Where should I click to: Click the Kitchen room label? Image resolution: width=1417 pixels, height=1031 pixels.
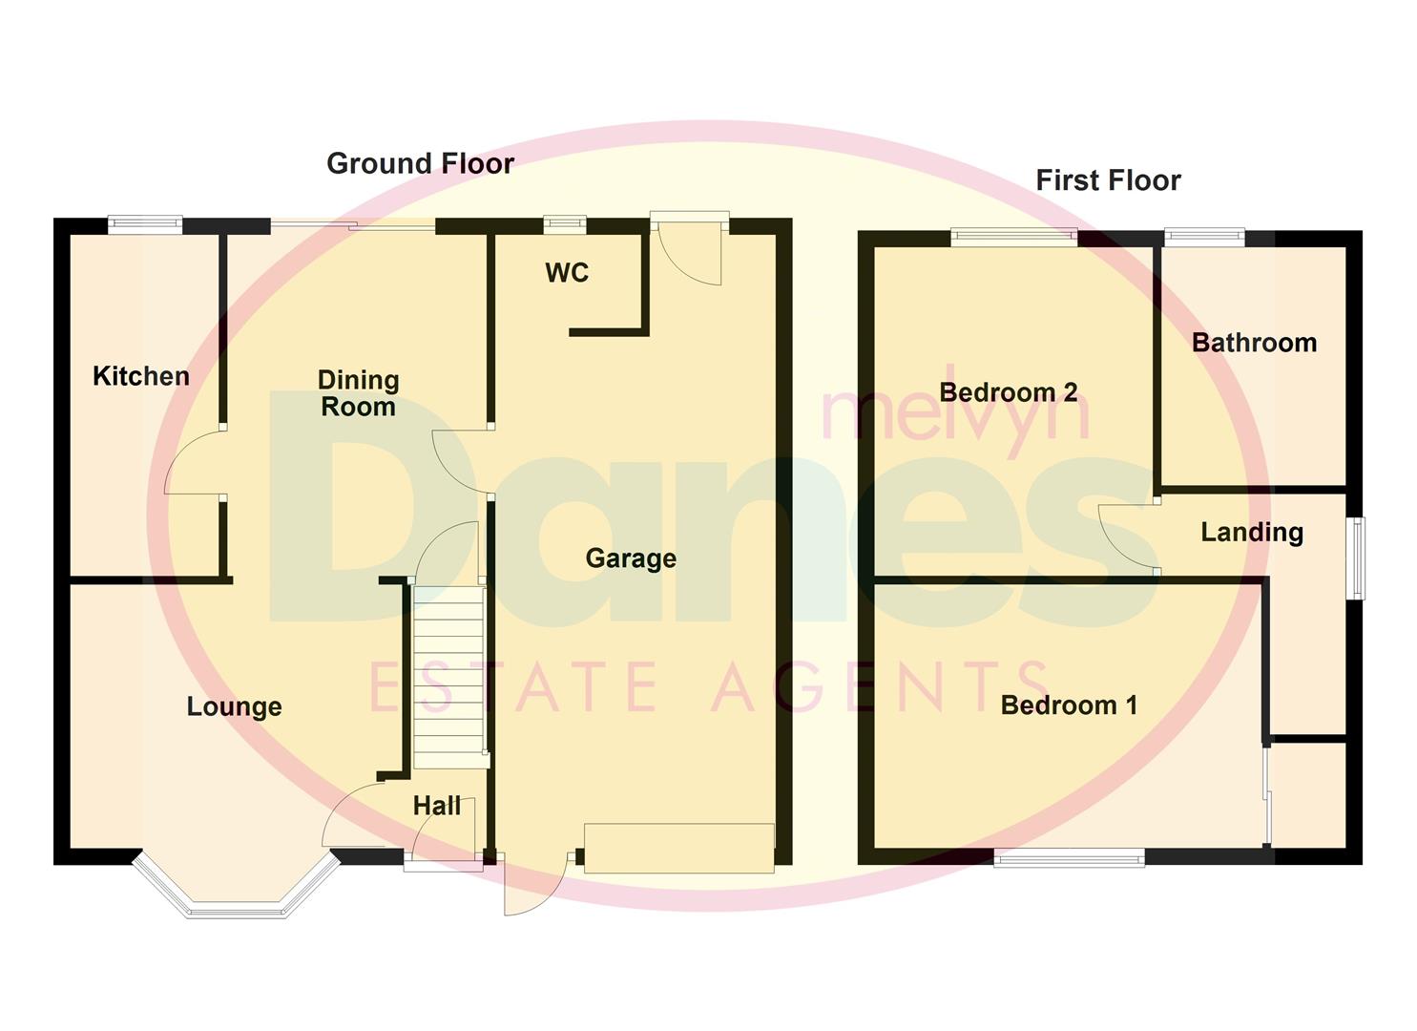pyautogui.click(x=141, y=376)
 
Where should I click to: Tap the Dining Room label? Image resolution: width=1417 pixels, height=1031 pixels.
pyautogui.click(x=358, y=393)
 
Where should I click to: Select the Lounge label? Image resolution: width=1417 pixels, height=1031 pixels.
pyautogui.click(x=234, y=706)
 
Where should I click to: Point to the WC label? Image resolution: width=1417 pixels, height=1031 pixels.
pyautogui.click(x=567, y=273)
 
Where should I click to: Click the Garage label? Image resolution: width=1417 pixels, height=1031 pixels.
pyautogui.click(x=631, y=558)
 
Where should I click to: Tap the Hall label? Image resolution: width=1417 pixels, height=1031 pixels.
pyautogui.click(x=437, y=806)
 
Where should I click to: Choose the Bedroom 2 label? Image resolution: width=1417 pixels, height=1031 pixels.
pyautogui.click(x=1009, y=391)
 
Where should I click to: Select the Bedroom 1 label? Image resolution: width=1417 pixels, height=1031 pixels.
pyautogui.click(x=1069, y=705)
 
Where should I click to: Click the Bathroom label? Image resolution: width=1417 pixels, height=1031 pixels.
pyautogui.click(x=1254, y=342)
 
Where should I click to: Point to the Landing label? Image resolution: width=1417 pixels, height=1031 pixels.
pyautogui.click(x=1252, y=532)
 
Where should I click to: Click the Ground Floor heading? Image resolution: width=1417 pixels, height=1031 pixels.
pyautogui.click(x=420, y=163)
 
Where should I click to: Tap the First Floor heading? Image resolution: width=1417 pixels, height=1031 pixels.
pyautogui.click(x=1108, y=179)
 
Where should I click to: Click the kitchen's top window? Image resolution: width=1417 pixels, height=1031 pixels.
pyautogui.click(x=144, y=224)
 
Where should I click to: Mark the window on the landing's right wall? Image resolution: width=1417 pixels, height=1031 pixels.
pyautogui.click(x=1356, y=558)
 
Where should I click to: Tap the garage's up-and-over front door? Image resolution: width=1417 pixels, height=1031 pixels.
pyautogui.click(x=678, y=848)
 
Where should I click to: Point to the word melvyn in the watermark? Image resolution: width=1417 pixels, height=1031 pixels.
pyautogui.click(x=954, y=414)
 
